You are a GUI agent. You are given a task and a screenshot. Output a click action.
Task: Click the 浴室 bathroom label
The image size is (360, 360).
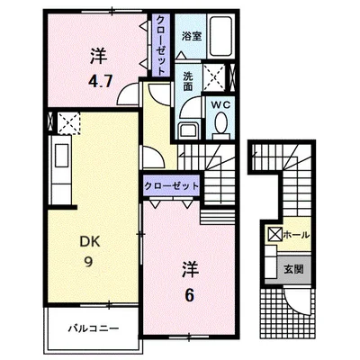[192, 37]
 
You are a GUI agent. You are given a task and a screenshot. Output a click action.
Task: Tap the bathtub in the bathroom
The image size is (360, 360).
[220, 37]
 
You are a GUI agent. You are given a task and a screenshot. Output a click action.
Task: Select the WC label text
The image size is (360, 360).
[220, 104]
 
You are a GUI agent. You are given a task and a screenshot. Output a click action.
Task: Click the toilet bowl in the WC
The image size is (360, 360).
[221, 122]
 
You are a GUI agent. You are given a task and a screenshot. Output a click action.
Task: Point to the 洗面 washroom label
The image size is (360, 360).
[188, 81]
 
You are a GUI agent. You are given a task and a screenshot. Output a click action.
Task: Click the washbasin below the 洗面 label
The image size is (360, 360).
[188, 130]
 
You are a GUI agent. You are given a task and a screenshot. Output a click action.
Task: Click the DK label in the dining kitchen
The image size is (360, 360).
[90, 241]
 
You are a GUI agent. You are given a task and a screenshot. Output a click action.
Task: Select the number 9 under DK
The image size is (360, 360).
[88, 263]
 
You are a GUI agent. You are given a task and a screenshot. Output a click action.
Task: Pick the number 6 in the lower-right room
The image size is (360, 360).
[189, 295]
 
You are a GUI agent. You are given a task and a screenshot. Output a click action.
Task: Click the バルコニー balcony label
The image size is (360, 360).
[94, 328]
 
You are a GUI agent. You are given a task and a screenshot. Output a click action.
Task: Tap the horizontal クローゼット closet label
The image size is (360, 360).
[171, 186]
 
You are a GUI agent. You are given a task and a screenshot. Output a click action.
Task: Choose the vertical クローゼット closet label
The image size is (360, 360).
[160, 45]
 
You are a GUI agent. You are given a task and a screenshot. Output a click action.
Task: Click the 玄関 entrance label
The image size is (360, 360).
[294, 269]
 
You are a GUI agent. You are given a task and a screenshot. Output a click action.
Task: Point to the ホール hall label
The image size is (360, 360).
[296, 235]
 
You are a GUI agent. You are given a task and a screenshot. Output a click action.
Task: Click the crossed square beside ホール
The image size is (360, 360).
[274, 235]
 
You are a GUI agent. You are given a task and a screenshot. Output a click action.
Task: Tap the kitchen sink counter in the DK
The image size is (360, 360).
[61, 170]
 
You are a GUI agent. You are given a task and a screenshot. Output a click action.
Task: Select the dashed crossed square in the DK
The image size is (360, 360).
[68, 123]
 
